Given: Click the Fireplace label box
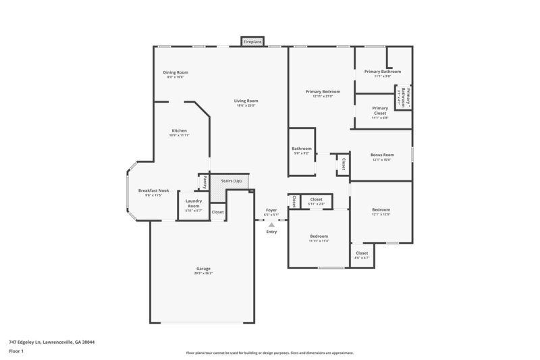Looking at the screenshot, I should click(252, 42).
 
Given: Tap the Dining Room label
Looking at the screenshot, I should click(175, 72).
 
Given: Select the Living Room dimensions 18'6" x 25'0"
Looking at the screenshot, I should click(247, 105).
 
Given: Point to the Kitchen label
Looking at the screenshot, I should click(179, 130).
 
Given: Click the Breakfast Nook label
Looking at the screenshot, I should click(153, 191).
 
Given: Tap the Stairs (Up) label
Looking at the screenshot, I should click(232, 181).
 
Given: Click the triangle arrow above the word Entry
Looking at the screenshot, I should click(271, 224).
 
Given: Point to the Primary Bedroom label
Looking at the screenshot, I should click(323, 91).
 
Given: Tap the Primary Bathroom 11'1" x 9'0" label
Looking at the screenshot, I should click(382, 72).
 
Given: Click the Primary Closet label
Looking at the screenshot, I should click(380, 110).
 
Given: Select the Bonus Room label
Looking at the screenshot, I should click(382, 155).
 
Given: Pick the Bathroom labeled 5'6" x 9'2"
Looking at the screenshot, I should click(301, 149).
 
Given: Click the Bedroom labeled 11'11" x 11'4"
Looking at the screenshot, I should click(319, 236).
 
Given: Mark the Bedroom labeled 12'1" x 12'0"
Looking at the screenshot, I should click(381, 209).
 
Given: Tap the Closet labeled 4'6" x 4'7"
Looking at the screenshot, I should click(362, 255).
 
